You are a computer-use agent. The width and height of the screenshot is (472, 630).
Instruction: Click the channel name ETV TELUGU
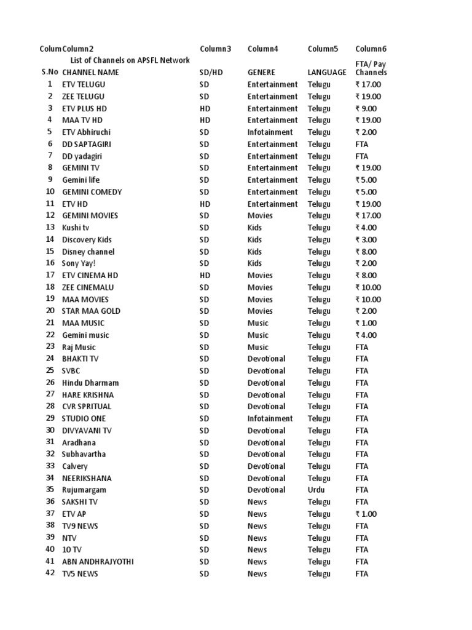(84, 84)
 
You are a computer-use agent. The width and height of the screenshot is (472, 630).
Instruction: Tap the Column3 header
(216, 49)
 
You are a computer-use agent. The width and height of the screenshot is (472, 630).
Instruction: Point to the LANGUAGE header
(327, 73)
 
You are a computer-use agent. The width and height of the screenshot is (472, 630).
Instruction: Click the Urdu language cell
(317, 490)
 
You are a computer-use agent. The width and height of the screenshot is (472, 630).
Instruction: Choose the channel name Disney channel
(88, 252)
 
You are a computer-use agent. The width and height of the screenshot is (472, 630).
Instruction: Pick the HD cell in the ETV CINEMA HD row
(205, 275)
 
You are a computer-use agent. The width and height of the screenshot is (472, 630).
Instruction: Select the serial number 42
(50, 573)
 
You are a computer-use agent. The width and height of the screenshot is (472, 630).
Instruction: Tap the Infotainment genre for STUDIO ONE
(270, 418)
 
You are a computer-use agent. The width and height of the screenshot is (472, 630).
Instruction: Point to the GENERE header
(261, 73)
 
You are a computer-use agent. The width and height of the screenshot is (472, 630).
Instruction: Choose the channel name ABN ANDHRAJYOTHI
(98, 561)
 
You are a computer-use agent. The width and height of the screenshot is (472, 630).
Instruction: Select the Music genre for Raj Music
(258, 347)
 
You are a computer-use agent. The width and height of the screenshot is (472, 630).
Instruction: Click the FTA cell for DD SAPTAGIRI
(362, 144)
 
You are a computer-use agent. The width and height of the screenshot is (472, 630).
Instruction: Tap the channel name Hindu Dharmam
(90, 383)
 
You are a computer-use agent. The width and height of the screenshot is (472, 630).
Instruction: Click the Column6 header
(371, 49)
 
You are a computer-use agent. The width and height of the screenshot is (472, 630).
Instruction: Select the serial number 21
(50, 323)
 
